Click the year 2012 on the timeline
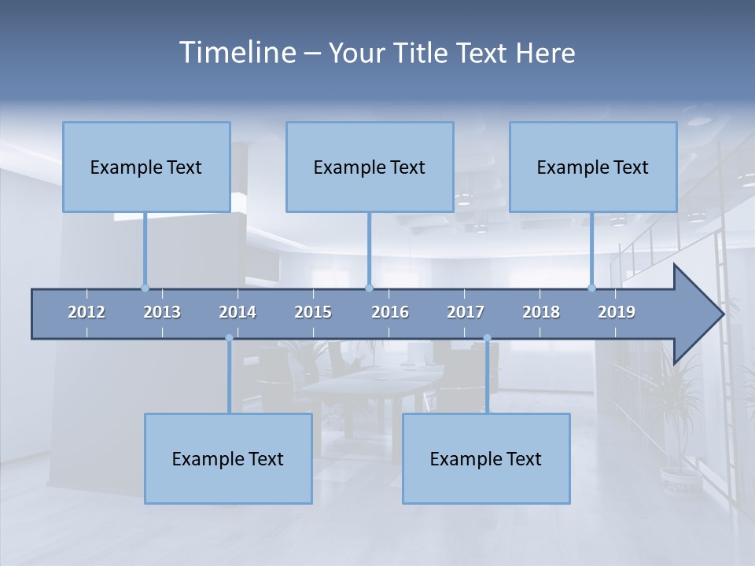coord(87,312)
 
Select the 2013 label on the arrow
coord(162,312)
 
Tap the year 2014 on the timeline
coord(238,312)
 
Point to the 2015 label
coord(313,312)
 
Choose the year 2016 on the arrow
coord(390,312)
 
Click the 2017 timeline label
coord(466,312)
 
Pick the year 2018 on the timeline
coord(541,312)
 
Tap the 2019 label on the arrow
coord(617,312)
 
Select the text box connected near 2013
coord(146,167)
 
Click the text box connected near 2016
coord(370,167)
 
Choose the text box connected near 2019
coord(593,167)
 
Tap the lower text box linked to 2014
coord(228,458)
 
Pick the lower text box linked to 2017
coord(486,458)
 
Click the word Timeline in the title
coord(236,53)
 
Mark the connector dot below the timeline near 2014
coord(229,338)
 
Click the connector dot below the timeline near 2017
coord(487,338)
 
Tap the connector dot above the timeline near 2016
coord(369,288)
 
